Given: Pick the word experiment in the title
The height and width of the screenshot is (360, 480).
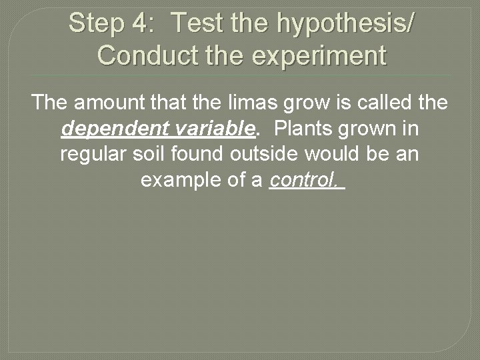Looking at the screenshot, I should click(x=320, y=56).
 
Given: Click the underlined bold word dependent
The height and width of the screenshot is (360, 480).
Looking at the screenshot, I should click(x=112, y=128).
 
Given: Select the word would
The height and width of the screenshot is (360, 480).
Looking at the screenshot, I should click(x=347, y=153).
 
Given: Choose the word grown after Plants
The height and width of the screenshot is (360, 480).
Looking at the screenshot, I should click(x=368, y=129).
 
